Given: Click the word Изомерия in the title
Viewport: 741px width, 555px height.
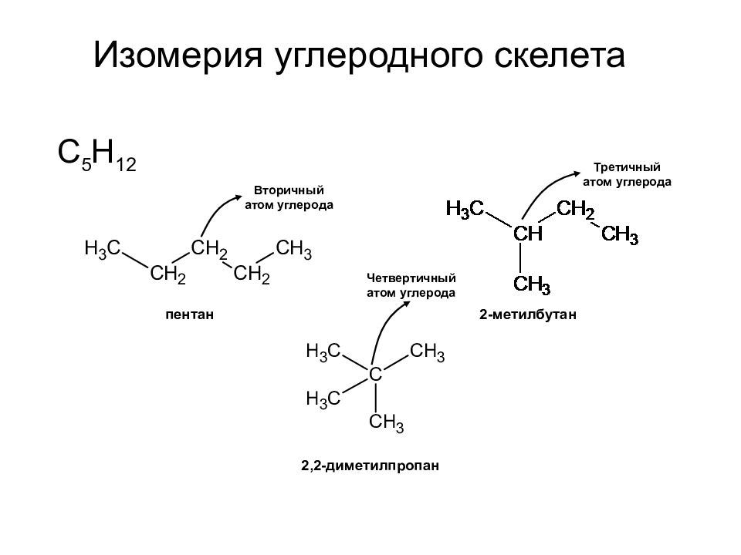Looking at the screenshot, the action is [x=178, y=55].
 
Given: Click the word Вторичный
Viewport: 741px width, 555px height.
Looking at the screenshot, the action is [x=289, y=190].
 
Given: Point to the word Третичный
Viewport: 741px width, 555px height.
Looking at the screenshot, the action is [x=627, y=167].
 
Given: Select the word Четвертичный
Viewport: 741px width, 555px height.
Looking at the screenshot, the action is [x=411, y=278].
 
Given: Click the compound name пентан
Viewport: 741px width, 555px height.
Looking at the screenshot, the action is [x=190, y=314].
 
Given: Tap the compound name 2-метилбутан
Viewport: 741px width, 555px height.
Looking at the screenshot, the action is [x=528, y=314].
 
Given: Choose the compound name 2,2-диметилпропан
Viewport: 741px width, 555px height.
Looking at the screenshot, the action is [x=370, y=466].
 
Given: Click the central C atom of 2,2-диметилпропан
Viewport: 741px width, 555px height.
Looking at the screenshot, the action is [x=375, y=375].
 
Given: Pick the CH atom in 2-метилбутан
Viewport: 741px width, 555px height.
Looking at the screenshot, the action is [x=528, y=233].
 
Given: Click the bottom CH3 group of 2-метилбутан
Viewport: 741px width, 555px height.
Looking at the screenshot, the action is [x=532, y=284].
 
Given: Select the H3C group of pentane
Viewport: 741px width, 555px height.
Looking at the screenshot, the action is [x=103, y=248].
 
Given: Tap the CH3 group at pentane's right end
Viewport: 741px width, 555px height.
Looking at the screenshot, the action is [x=293, y=249].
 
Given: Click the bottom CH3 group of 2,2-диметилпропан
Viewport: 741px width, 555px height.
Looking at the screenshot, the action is [x=386, y=422].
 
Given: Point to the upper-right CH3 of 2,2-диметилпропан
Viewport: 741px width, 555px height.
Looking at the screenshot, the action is [x=427, y=352].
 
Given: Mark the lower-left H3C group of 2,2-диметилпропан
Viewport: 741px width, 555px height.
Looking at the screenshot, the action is [x=323, y=399].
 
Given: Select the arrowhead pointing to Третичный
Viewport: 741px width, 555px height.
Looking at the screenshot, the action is [x=577, y=173].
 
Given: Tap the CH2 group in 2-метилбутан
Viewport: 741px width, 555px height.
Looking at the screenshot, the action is [x=576, y=209].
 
